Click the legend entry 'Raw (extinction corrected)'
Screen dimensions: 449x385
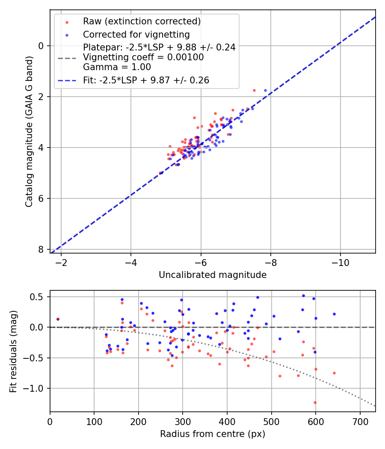click(x=142, y=21)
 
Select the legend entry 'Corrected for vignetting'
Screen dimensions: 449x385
click(x=136, y=34)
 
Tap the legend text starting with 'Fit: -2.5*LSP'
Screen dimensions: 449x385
click(x=146, y=80)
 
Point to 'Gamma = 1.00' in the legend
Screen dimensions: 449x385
click(x=117, y=67)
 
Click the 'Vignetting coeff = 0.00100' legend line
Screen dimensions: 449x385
click(x=143, y=57)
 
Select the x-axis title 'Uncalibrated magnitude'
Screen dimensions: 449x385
click(x=213, y=275)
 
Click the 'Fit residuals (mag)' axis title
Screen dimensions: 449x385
click(x=13, y=351)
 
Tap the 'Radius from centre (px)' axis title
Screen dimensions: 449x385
click(x=213, y=434)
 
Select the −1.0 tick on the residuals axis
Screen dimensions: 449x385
click(x=36, y=388)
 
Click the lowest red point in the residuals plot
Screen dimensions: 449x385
click(x=315, y=402)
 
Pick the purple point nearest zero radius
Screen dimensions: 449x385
click(x=58, y=319)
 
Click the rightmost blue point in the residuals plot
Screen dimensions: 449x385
click(x=334, y=314)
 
